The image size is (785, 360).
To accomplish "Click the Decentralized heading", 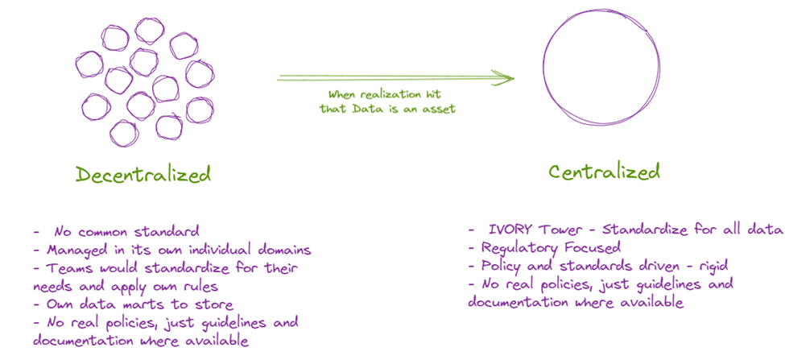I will click(x=143, y=174).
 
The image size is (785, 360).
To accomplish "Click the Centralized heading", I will click(x=604, y=172).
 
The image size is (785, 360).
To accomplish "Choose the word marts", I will click(x=147, y=304).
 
